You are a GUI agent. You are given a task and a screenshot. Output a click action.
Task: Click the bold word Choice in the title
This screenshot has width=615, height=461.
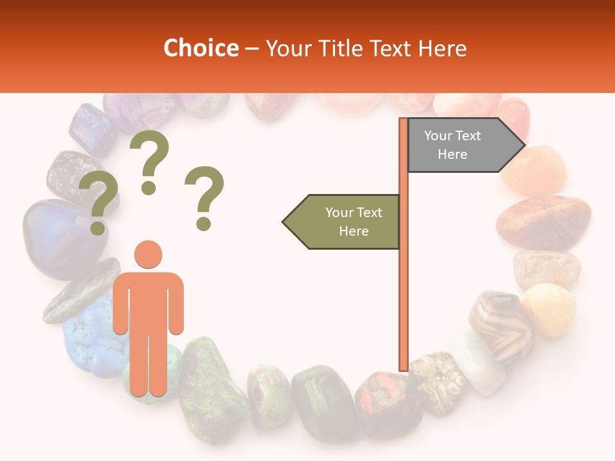coord(201,49)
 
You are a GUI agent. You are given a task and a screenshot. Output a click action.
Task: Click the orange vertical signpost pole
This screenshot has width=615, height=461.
coord(404,256)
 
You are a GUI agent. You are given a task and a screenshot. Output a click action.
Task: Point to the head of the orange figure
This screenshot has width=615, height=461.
coord(149,254)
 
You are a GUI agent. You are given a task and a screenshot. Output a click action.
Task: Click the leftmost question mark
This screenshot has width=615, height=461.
coord(97,206)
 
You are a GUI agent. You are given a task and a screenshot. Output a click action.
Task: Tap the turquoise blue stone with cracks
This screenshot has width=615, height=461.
coord(90,336)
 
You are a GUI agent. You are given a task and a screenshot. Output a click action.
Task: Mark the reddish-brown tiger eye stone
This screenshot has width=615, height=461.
coord(543,222)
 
